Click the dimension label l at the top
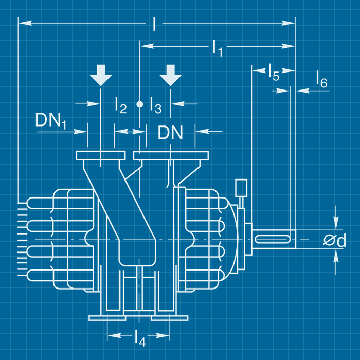click(x=154, y=24)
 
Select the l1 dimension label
click(x=217, y=47)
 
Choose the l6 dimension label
click(x=321, y=82)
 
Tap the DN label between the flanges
click(x=170, y=133)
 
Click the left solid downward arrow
click(x=100, y=75)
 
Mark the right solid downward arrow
click(x=170, y=75)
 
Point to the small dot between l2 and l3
click(x=139, y=104)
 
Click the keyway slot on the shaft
click(x=273, y=239)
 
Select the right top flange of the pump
click(x=170, y=155)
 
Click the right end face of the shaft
click(x=296, y=239)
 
